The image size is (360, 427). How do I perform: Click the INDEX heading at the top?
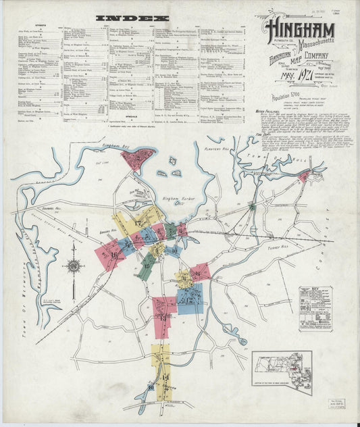(x=132, y=18)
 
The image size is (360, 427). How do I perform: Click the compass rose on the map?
(x=73, y=265)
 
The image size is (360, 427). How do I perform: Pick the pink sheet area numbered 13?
(x=163, y=313)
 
